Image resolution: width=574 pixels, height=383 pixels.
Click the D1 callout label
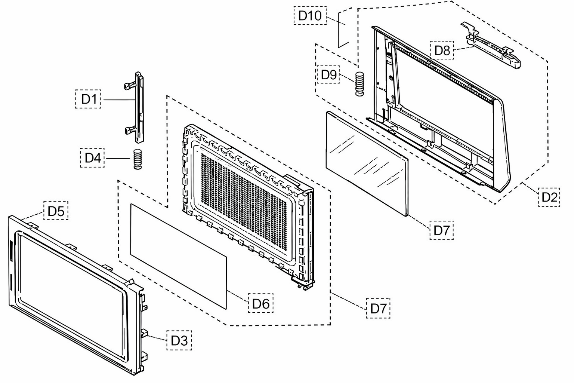[88, 99]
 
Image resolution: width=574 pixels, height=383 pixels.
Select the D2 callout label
[549, 197]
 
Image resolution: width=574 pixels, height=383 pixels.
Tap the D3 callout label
[179, 340]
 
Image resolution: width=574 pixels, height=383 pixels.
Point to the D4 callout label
[92, 158]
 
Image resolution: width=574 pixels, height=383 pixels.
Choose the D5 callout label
[56, 211]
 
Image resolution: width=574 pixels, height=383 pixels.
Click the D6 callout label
[260, 303]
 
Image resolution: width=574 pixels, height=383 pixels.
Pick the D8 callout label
[442, 50]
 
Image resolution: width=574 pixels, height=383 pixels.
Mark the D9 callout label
[328, 74]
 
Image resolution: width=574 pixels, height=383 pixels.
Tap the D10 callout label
[310, 16]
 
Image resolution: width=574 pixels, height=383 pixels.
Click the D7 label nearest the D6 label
[378, 308]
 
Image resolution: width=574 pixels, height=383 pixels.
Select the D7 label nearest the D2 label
[441, 230]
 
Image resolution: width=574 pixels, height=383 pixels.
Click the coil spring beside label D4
[138, 159]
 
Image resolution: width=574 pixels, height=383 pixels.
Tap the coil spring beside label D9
[359, 84]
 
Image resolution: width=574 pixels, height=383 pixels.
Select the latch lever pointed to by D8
[491, 46]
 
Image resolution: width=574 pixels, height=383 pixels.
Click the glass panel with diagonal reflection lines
[367, 163]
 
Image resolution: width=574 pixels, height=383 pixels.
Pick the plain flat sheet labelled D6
[179, 256]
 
